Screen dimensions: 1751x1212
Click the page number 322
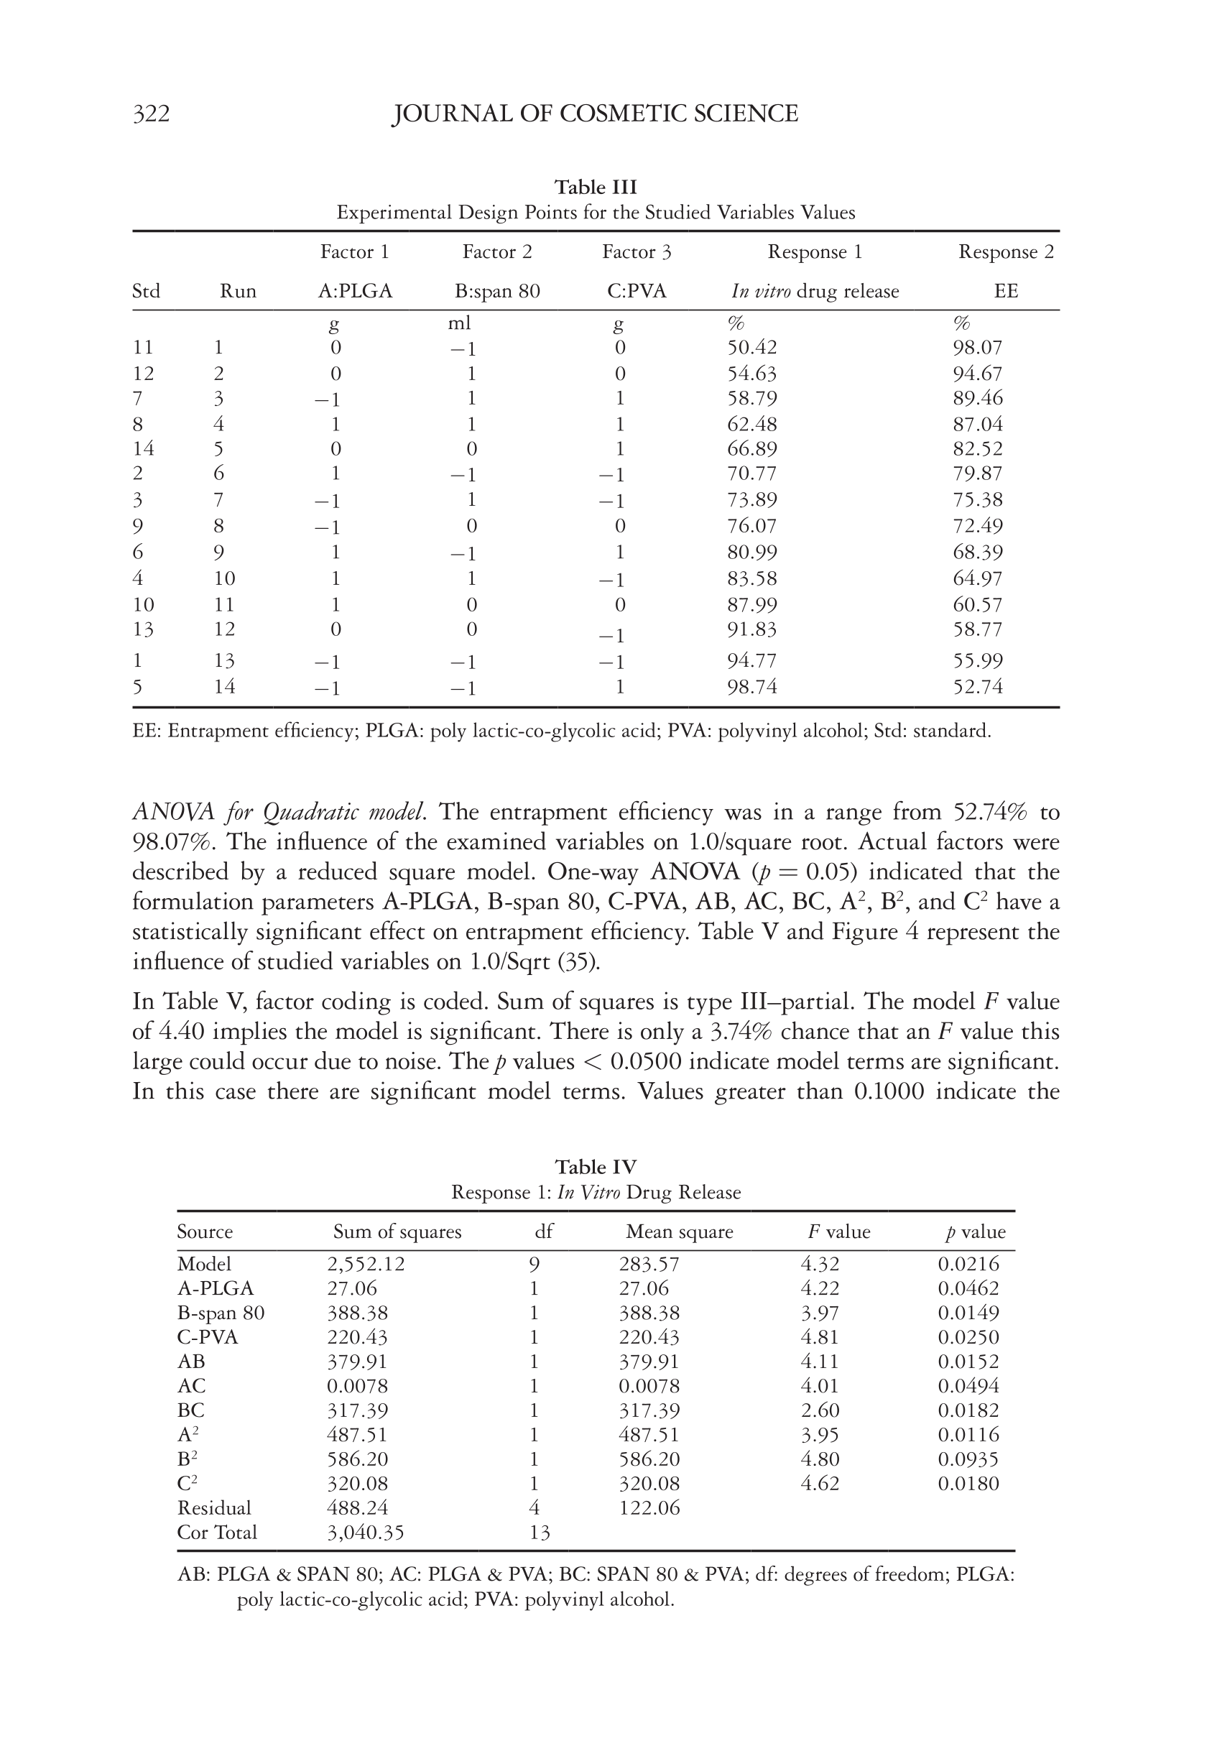151,114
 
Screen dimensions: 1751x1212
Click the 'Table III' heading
596,187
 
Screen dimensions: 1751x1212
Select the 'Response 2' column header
1005,252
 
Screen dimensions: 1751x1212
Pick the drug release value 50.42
751,348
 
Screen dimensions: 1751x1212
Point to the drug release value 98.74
751,687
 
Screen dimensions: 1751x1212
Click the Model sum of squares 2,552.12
365,1264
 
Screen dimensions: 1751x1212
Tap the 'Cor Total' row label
216,1532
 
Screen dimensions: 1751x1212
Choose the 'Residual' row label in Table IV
213,1507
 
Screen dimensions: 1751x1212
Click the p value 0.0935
968,1459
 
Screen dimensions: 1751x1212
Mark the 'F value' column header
838,1232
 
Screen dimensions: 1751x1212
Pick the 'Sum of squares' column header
397,1232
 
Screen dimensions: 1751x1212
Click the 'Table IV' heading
596,1166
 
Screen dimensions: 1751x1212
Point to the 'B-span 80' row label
221,1313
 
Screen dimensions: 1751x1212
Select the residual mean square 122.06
649,1507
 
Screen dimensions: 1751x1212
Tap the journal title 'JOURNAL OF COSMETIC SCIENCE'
595,114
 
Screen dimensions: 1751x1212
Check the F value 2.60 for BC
820,1410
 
